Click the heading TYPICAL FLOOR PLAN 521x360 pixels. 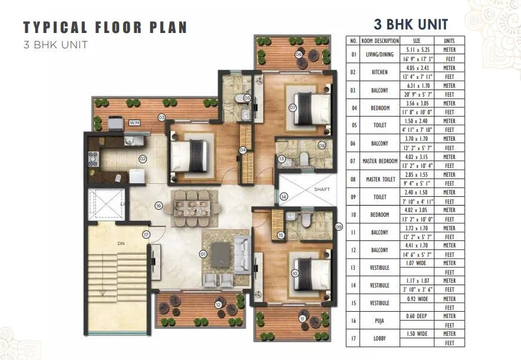105,27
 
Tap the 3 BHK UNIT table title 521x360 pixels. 411,24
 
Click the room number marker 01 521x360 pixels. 203,255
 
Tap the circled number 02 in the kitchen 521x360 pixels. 142,158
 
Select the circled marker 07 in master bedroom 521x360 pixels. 292,108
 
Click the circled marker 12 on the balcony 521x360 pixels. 218,304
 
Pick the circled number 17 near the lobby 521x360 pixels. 146,235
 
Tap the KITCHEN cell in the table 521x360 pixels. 380,72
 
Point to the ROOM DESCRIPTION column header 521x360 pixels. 380,41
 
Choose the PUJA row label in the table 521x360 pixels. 380,321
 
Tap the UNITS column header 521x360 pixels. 449,41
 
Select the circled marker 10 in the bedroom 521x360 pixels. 294,273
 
